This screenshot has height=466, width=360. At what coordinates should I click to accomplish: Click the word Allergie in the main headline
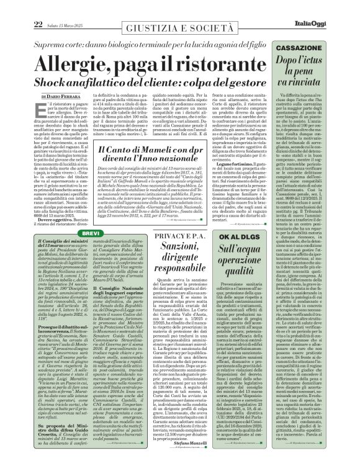click(x=77, y=64)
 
